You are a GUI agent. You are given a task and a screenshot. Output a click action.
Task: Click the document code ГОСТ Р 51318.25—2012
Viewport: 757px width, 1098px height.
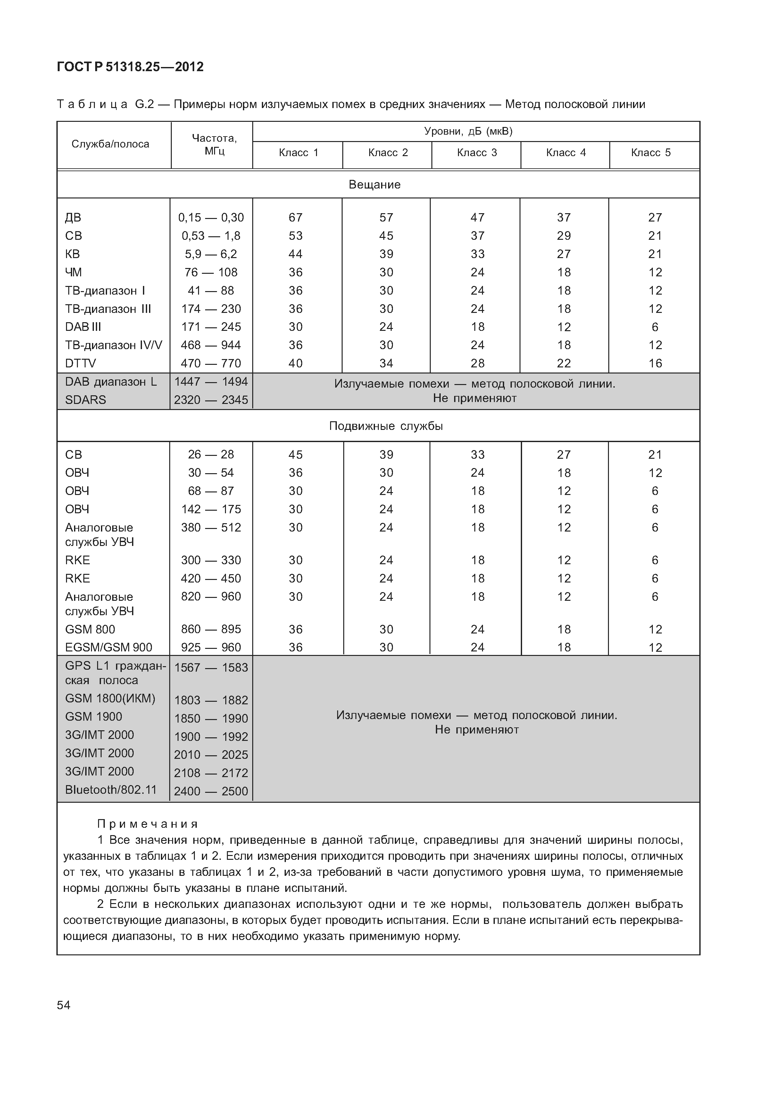[x=130, y=67]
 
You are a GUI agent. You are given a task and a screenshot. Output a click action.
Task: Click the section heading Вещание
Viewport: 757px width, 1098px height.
[x=374, y=185]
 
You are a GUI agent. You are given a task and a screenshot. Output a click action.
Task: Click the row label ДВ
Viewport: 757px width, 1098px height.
[x=73, y=217]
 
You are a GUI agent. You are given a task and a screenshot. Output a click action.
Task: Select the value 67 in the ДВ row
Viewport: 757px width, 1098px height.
[x=295, y=217]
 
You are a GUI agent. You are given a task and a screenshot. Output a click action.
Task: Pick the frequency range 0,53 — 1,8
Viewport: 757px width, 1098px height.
[x=211, y=236]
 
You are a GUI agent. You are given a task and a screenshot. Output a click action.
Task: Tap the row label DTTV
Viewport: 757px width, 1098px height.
[x=80, y=364]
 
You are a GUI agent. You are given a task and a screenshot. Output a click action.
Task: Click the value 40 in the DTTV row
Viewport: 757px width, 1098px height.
[x=295, y=364]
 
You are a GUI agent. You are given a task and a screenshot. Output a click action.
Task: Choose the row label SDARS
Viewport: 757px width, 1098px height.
[x=85, y=400]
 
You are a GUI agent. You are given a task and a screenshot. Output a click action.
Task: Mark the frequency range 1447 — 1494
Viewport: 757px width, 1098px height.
[x=211, y=382]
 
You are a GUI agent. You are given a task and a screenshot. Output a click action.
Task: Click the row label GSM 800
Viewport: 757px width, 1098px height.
[x=90, y=629]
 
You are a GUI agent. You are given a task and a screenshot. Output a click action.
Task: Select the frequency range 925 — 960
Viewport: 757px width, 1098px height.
[x=211, y=647]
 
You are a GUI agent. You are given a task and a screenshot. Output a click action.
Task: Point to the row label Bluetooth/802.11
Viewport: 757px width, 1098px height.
[x=111, y=790]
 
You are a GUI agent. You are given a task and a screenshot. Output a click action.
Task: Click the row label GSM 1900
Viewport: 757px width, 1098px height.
[x=94, y=717]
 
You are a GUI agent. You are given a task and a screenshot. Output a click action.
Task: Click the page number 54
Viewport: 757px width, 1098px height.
[x=63, y=1005]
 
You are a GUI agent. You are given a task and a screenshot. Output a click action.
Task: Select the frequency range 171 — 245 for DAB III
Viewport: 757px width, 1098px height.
[x=211, y=327]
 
